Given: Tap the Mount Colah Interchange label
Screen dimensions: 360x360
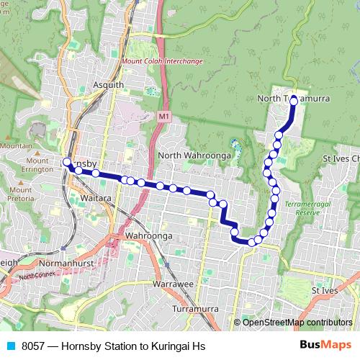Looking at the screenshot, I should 162,61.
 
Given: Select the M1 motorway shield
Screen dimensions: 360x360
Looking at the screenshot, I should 165,115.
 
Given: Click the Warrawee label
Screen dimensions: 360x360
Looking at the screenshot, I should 174,284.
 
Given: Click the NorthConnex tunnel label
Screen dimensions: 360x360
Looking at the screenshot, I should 37,275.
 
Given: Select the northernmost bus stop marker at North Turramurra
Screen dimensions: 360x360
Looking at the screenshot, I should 294,102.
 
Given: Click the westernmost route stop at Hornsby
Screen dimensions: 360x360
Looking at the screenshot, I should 66,163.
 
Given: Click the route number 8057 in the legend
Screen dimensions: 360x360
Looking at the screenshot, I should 33,346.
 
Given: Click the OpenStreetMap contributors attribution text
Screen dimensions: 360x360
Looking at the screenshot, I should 297,323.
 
